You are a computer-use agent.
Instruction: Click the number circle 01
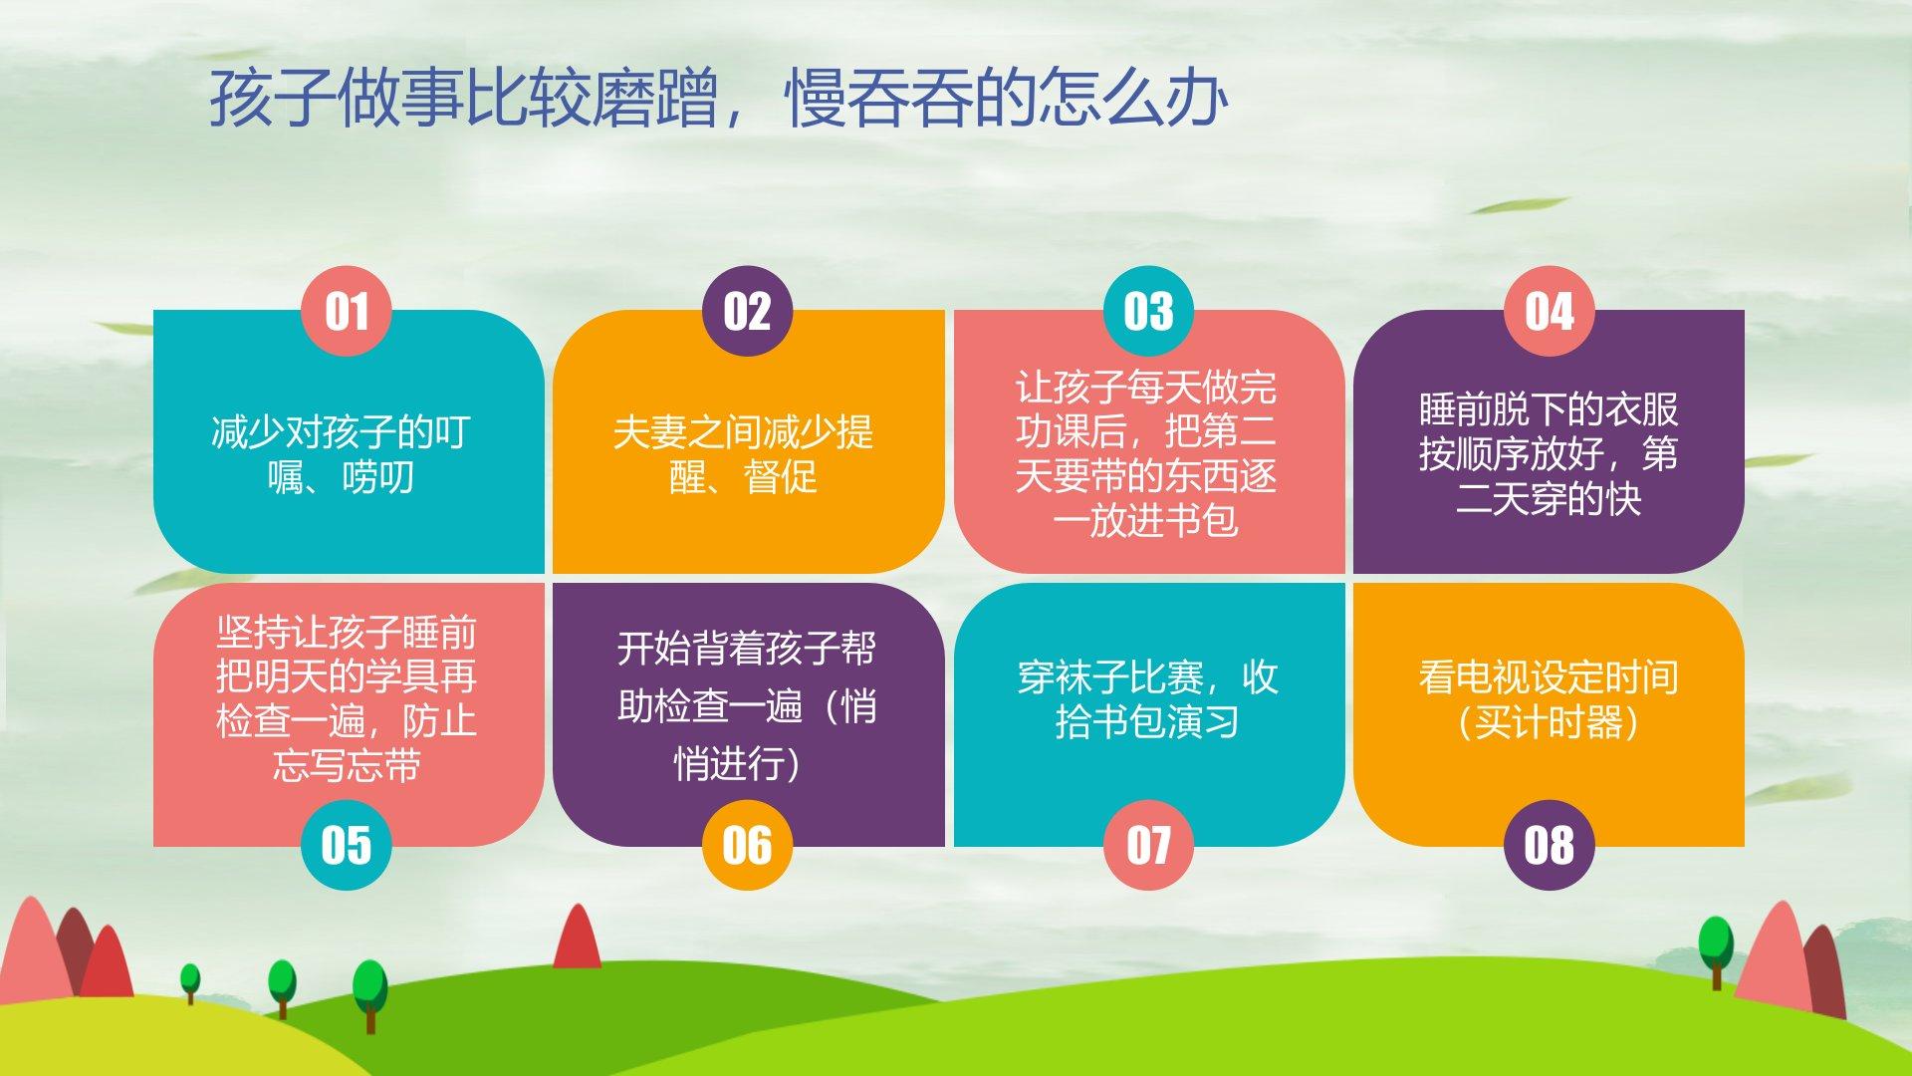point(346,311)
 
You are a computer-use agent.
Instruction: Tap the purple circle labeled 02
point(747,311)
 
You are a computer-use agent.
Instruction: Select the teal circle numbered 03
point(1148,311)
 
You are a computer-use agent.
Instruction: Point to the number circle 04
point(1549,311)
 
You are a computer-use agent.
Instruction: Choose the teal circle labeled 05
point(346,845)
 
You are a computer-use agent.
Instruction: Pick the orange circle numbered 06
point(747,845)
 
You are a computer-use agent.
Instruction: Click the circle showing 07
point(1148,845)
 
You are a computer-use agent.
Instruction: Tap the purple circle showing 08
point(1549,845)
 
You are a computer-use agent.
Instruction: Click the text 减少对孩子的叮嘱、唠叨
point(341,455)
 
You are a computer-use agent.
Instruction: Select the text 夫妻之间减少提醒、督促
point(743,455)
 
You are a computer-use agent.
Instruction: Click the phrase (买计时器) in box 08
point(1549,722)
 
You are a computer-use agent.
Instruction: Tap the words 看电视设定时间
point(1549,677)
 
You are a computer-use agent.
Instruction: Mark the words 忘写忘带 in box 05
point(346,766)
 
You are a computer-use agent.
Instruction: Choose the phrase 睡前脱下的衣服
point(1549,409)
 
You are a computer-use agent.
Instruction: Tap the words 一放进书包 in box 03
point(1145,521)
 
